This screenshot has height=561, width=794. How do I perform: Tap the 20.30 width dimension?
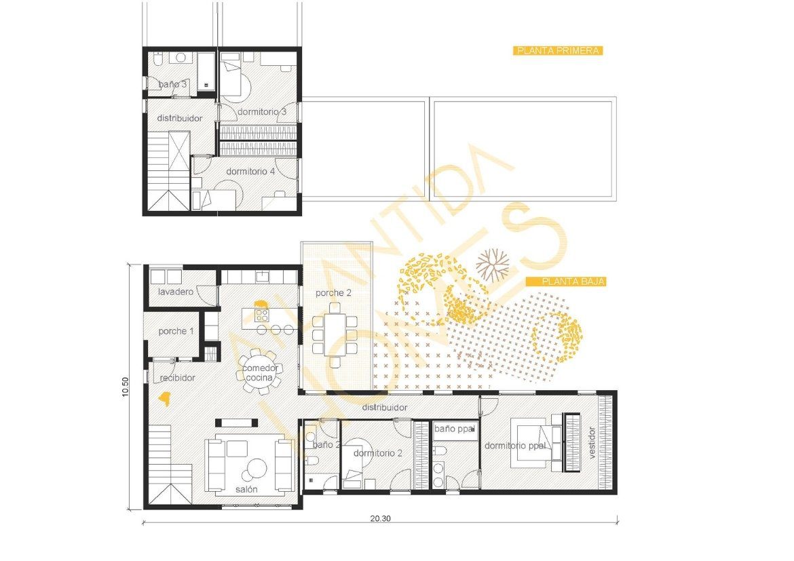(380, 518)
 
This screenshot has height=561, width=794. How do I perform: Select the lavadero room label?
(176, 292)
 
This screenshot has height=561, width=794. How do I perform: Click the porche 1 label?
(176, 331)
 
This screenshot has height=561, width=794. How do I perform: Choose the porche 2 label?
(333, 293)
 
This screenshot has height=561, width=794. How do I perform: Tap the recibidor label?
(178, 377)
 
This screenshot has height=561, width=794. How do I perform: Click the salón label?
(246, 489)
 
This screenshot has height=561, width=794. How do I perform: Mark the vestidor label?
(592, 442)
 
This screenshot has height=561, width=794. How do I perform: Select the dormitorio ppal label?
(515, 446)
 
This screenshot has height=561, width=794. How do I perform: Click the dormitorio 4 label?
(250, 172)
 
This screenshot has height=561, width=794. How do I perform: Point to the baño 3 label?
(173, 84)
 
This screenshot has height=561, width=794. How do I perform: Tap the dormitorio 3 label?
(261, 111)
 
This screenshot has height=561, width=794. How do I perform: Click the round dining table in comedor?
(261, 370)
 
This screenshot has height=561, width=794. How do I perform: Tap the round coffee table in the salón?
(257, 468)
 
